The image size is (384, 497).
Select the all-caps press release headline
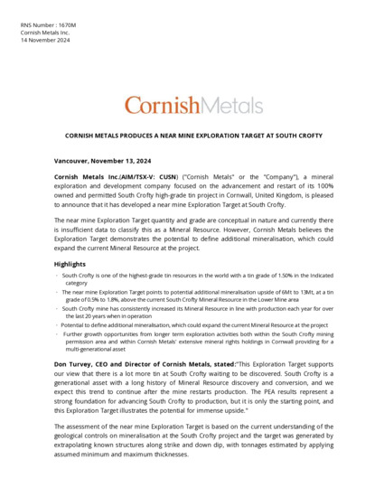pos(193,136)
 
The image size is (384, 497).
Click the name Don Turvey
pos(75,363)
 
